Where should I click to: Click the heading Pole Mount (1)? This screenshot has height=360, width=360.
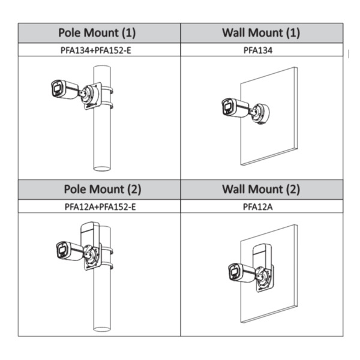[97, 32]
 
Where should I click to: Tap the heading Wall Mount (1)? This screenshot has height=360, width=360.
[261, 32]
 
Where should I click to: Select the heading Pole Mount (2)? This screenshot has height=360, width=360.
[103, 190]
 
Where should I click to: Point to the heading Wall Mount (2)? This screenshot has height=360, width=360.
[261, 190]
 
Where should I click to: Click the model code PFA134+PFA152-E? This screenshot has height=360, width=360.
[96, 50]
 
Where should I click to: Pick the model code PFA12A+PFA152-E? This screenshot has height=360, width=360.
[100, 207]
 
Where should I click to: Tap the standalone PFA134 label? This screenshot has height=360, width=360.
[258, 50]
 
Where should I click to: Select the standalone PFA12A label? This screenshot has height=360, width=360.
[258, 207]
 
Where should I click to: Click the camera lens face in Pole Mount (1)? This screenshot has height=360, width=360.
[56, 89]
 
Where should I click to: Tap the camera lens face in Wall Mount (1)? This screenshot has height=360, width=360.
[227, 107]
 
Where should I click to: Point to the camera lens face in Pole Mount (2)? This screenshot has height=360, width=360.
[62, 250]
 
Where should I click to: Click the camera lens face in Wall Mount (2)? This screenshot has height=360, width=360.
[235, 272]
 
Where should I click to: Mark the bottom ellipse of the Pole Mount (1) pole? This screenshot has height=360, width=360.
[102, 169]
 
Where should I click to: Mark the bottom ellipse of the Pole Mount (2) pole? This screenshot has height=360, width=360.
[102, 329]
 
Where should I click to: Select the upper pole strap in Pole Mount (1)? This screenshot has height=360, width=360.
[107, 90]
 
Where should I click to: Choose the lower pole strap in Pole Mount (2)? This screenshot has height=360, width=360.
[107, 266]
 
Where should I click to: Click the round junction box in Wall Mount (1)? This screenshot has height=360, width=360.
[262, 113]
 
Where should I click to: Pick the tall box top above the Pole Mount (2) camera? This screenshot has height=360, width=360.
[91, 232]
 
